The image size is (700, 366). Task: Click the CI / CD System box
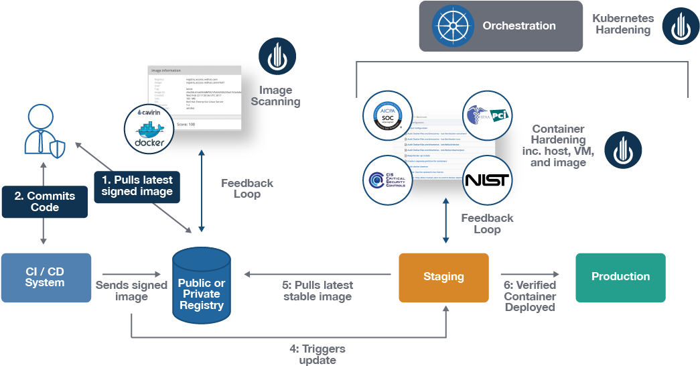[46, 277]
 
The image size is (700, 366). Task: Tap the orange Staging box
[443, 277]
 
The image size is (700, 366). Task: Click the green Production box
[620, 277]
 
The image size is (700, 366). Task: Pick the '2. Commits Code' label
[44, 202]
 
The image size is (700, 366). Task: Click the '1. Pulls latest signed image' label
[137, 186]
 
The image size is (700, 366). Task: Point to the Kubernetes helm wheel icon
[453, 26]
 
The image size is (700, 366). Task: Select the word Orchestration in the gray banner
[519, 26]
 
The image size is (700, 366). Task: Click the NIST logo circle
[487, 180]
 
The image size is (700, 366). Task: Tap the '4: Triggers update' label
[318, 355]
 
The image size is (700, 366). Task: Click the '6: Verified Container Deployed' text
[529, 296]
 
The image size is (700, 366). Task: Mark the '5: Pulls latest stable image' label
[318, 291]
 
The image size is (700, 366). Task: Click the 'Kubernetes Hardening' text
[622, 24]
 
